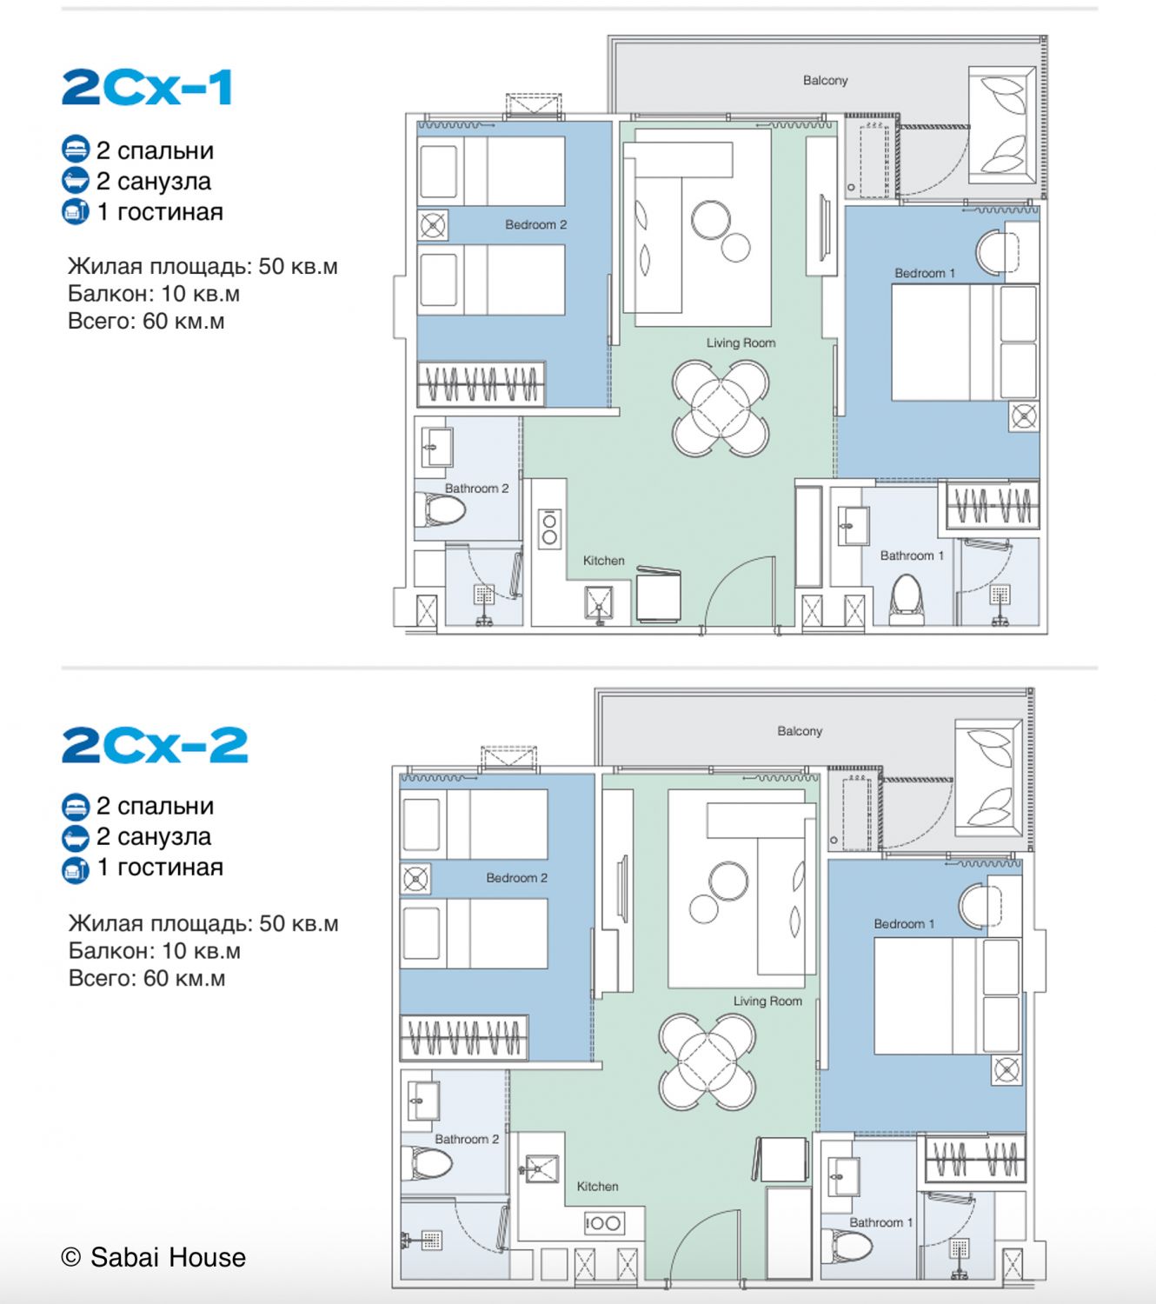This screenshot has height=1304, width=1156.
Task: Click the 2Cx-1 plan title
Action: (x=147, y=88)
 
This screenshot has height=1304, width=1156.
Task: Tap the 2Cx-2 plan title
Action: (x=155, y=745)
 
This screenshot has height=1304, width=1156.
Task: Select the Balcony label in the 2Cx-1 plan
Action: (x=825, y=81)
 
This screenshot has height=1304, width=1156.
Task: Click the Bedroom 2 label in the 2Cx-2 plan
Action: (x=516, y=878)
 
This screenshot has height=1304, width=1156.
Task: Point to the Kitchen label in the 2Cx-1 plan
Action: (x=603, y=561)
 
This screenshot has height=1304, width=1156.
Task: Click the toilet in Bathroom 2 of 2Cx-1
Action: (x=441, y=509)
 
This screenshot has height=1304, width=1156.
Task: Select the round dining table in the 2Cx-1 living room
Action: (x=721, y=408)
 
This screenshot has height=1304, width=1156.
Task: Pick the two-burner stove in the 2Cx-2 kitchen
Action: (x=604, y=1223)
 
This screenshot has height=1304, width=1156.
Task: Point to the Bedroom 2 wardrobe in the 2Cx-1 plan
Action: (x=481, y=384)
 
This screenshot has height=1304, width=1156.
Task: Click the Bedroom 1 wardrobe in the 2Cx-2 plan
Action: (x=975, y=1160)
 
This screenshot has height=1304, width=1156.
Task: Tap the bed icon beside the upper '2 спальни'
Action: (x=76, y=150)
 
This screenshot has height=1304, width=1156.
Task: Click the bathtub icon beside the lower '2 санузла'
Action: (x=76, y=836)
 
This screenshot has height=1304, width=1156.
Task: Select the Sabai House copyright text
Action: (x=153, y=1257)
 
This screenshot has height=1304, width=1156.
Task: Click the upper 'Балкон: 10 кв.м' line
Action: (x=154, y=294)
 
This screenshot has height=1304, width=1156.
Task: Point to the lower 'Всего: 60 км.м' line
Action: (x=147, y=978)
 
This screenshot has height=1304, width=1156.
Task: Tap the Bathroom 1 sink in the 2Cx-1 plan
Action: (x=854, y=525)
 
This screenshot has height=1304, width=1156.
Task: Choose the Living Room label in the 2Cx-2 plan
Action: (x=767, y=1001)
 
